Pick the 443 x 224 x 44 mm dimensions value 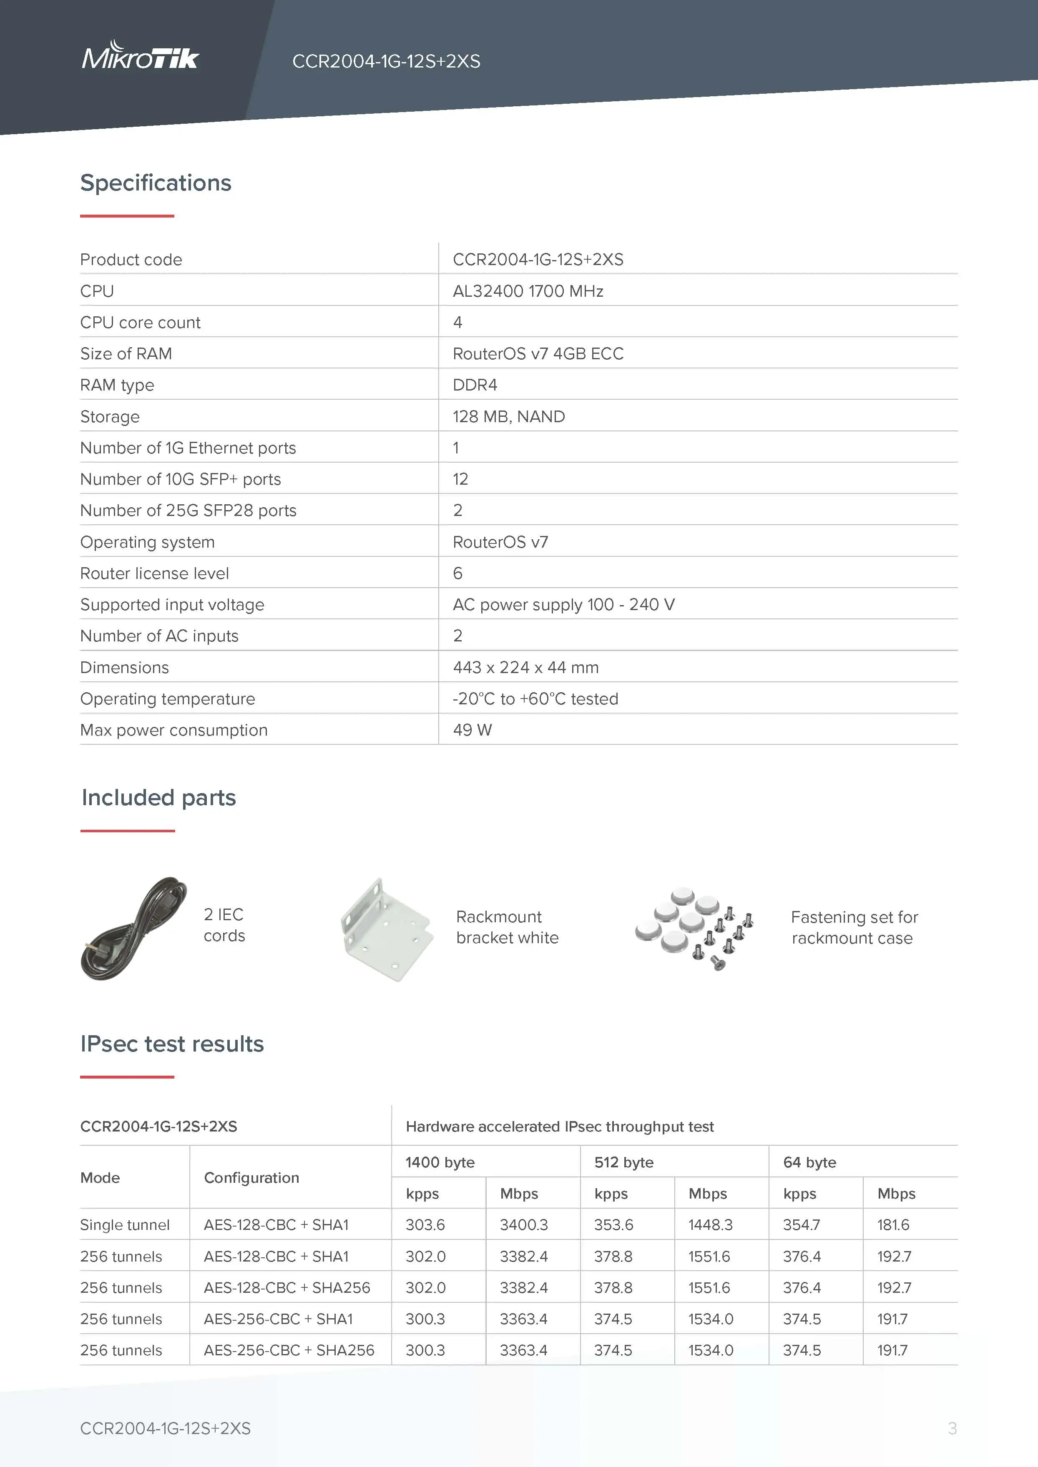tap(525, 668)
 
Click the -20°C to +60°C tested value tap(535, 699)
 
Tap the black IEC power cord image tap(133, 929)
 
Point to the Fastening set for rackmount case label tap(854, 928)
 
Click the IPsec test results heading tap(171, 1044)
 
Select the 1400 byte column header tap(440, 1162)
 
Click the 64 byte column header tap(809, 1162)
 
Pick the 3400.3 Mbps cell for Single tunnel tap(523, 1225)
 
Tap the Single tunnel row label tap(125, 1225)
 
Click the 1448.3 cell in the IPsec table tap(710, 1225)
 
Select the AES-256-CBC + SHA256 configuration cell tap(289, 1350)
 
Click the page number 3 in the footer tap(952, 1428)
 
